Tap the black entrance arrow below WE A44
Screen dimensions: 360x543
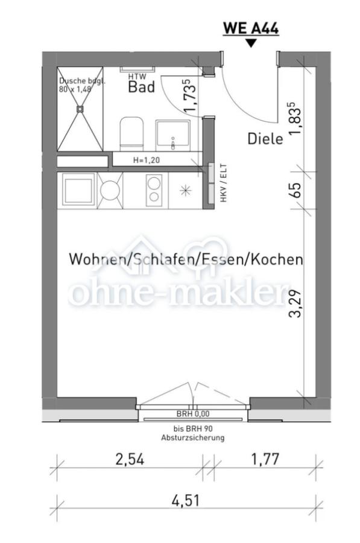click(251, 43)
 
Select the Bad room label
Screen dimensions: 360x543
click(141, 87)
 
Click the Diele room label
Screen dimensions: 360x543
click(265, 139)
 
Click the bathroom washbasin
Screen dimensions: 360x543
click(172, 135)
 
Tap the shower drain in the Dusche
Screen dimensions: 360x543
click(80, 109)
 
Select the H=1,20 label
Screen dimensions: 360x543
click(147, 160)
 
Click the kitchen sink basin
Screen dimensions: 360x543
click(78, 191)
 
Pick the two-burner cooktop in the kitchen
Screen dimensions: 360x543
click(154, 191)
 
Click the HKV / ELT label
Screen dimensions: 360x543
click(223, 183)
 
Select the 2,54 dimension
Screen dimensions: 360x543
click(130, 460)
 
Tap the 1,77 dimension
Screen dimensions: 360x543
click(265, 460)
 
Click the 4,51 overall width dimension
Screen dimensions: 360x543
click(186, 501)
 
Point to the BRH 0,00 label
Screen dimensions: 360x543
click(193, 413)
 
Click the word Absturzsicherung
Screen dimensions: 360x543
click(192, 438)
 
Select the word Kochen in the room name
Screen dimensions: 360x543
click(276, 259)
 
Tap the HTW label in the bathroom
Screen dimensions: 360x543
click(137, 77)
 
